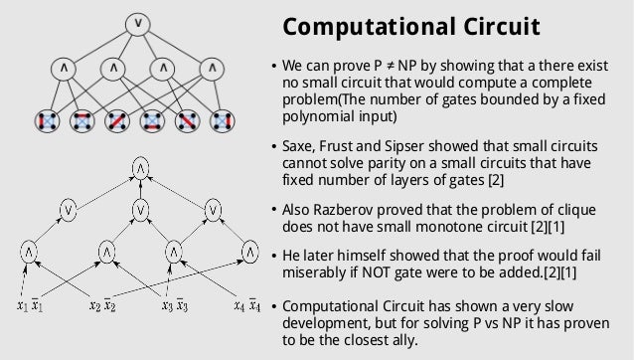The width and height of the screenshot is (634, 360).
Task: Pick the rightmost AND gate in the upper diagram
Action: [x=212, y=70]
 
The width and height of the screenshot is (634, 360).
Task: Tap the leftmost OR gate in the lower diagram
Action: [x=68, y=210]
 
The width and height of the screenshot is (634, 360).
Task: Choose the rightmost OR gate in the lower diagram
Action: [x=213, y=210]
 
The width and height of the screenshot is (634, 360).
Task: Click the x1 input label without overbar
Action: [x=22, y=305]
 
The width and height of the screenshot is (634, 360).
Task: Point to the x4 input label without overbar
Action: [x=238, y=305]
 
